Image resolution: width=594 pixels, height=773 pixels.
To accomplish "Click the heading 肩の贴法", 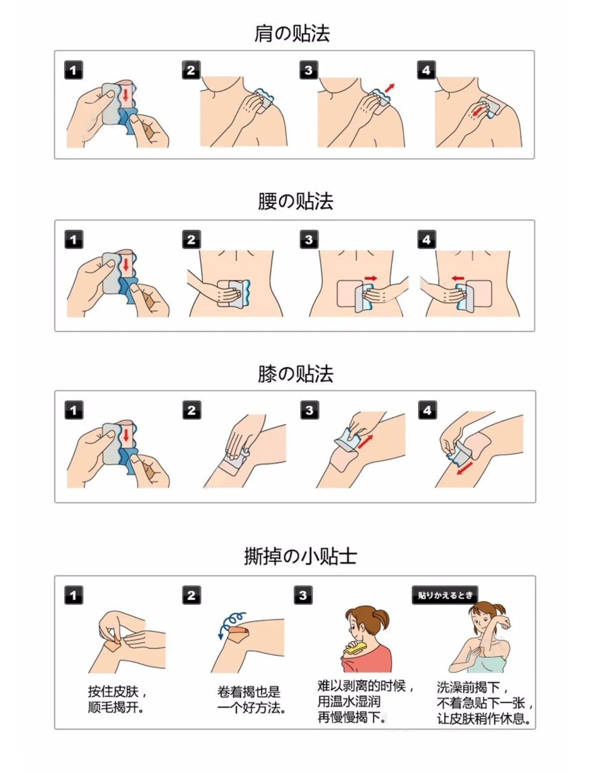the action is (292, 34).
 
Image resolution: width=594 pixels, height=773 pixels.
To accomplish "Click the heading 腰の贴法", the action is (295, 201).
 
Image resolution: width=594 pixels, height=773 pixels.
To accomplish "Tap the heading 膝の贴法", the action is (295, 374).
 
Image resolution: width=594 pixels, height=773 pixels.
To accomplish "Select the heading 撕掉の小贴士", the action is (300, 556).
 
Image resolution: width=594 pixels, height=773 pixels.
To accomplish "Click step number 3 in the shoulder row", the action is (309, 70).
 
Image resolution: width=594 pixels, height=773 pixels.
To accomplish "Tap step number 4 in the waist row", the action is (427, 239).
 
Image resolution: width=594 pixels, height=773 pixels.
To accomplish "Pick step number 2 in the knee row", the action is (192, 410).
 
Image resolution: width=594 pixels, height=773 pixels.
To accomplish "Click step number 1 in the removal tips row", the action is (74, 595).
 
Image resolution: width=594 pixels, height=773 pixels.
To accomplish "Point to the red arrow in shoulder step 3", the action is (390, 88).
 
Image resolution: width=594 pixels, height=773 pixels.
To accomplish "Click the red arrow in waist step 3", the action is (371, 278).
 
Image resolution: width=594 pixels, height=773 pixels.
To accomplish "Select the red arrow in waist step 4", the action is (458, 278).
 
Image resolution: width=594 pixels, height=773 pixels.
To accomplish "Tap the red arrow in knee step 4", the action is (464, 468).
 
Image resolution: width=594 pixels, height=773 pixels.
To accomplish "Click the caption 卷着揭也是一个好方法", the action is (252, 699).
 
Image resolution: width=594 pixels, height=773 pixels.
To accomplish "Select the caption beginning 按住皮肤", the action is (117, 699).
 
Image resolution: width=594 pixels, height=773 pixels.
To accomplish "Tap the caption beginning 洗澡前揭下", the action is (485, 703).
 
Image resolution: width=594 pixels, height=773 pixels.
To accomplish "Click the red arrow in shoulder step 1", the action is (126, 95).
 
